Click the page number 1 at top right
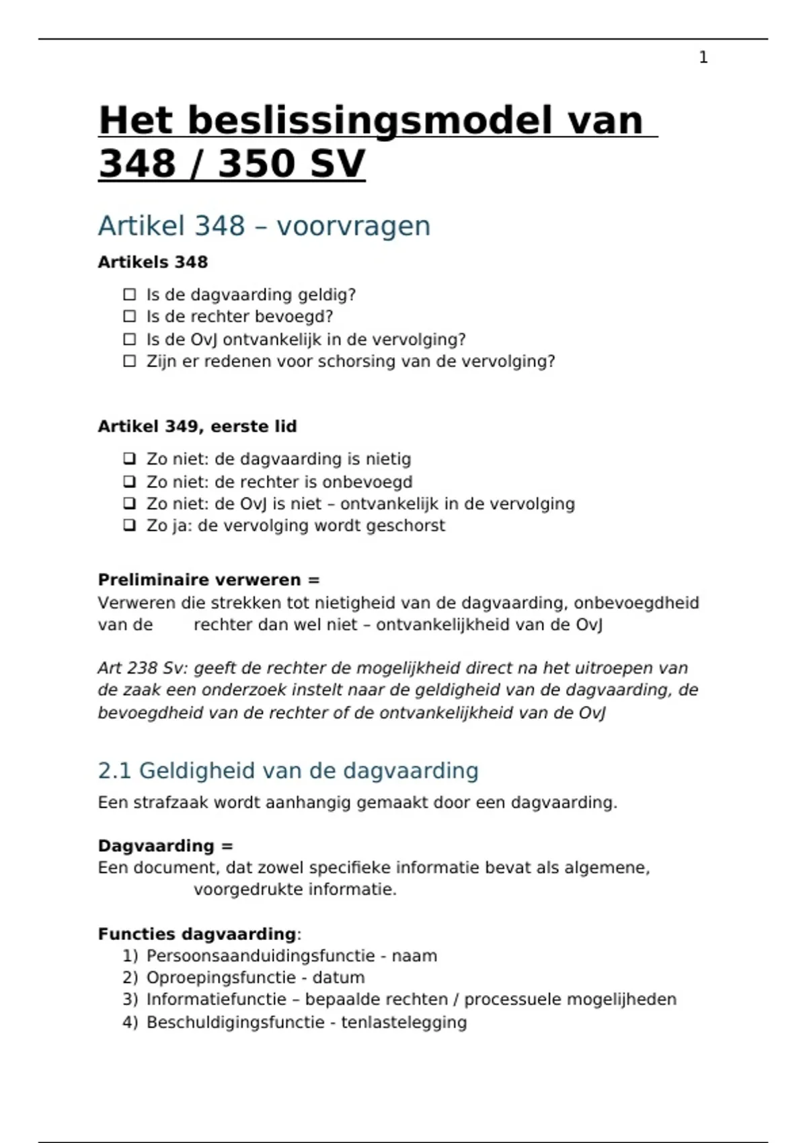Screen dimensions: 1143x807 point(703,58)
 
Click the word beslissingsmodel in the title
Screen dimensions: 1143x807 point(367,121)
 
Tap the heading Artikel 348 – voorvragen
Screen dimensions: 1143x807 point(264,226)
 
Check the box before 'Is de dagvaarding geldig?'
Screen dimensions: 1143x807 point(130,294)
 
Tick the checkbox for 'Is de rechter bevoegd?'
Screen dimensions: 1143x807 point(130,317)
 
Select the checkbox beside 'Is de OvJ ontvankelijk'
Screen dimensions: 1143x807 point(130,340)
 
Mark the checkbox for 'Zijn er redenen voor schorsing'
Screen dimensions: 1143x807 point(130,362)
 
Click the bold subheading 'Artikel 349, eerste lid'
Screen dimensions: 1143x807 point(197,426)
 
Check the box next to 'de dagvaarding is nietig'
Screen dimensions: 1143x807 point(130,459)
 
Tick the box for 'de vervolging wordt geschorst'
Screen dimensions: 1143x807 point(130,526)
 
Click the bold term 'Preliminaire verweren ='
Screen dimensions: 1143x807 point(208,580)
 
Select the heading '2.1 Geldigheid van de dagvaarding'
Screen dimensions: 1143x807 point(288,771)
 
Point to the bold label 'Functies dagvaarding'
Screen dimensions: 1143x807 point(196,934)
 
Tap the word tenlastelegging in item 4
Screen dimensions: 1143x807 point(403,1023)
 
